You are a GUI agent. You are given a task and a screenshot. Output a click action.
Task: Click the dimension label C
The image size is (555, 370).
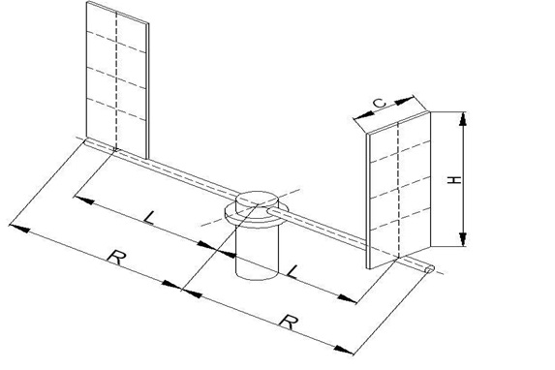pyautogui.click(x=380, y=103)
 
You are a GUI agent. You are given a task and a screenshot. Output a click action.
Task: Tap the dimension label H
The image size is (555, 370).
pyautogui.click(x=455, y=179)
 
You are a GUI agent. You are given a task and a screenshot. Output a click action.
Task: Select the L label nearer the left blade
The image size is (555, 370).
pyautogui.click(x=150, y=218)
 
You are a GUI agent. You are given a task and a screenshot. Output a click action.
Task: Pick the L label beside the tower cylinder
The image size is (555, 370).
pyautogui.click(x=293, y=271)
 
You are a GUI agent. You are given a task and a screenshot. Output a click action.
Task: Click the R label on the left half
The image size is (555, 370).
pyautogui.click(x=116, y=258)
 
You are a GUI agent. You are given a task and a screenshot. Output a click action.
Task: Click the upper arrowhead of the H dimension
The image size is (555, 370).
pyautogui.click(x=462, y=119)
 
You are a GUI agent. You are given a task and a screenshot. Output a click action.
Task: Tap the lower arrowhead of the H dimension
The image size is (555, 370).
pyautogui.click(x=462, y=239)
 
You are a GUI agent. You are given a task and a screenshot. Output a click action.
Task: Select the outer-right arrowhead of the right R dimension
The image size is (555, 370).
pyautogui.click(x=343, y=350)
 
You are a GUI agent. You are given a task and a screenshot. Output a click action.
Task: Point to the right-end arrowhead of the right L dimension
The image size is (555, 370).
pyautogui.click(x=347, y=298)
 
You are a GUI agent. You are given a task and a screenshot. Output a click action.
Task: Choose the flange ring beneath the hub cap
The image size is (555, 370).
pyautogui.click(x=253, y=221)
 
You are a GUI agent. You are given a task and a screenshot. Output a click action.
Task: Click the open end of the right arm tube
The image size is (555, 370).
pyautogui.click(x=429, y=270)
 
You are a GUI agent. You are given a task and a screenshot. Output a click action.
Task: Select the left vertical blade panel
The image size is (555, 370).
pyautogui.click(x=117, y=80)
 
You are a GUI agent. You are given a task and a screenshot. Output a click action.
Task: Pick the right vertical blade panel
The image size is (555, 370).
pyautogui.click(x=399, y=190)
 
